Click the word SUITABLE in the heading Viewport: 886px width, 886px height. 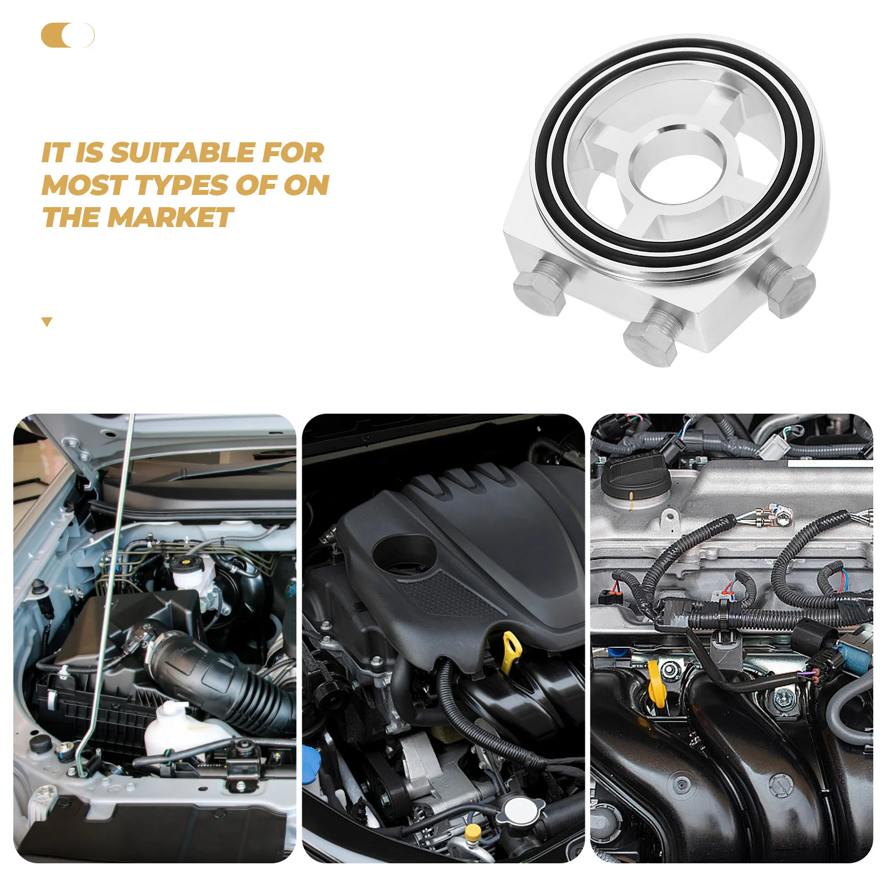(x=183, y=153)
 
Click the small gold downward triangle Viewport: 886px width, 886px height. (x=47, y=322)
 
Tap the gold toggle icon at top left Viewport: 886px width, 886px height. (x=68, y=35)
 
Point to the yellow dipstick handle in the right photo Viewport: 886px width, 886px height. (x=656, y=684)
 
